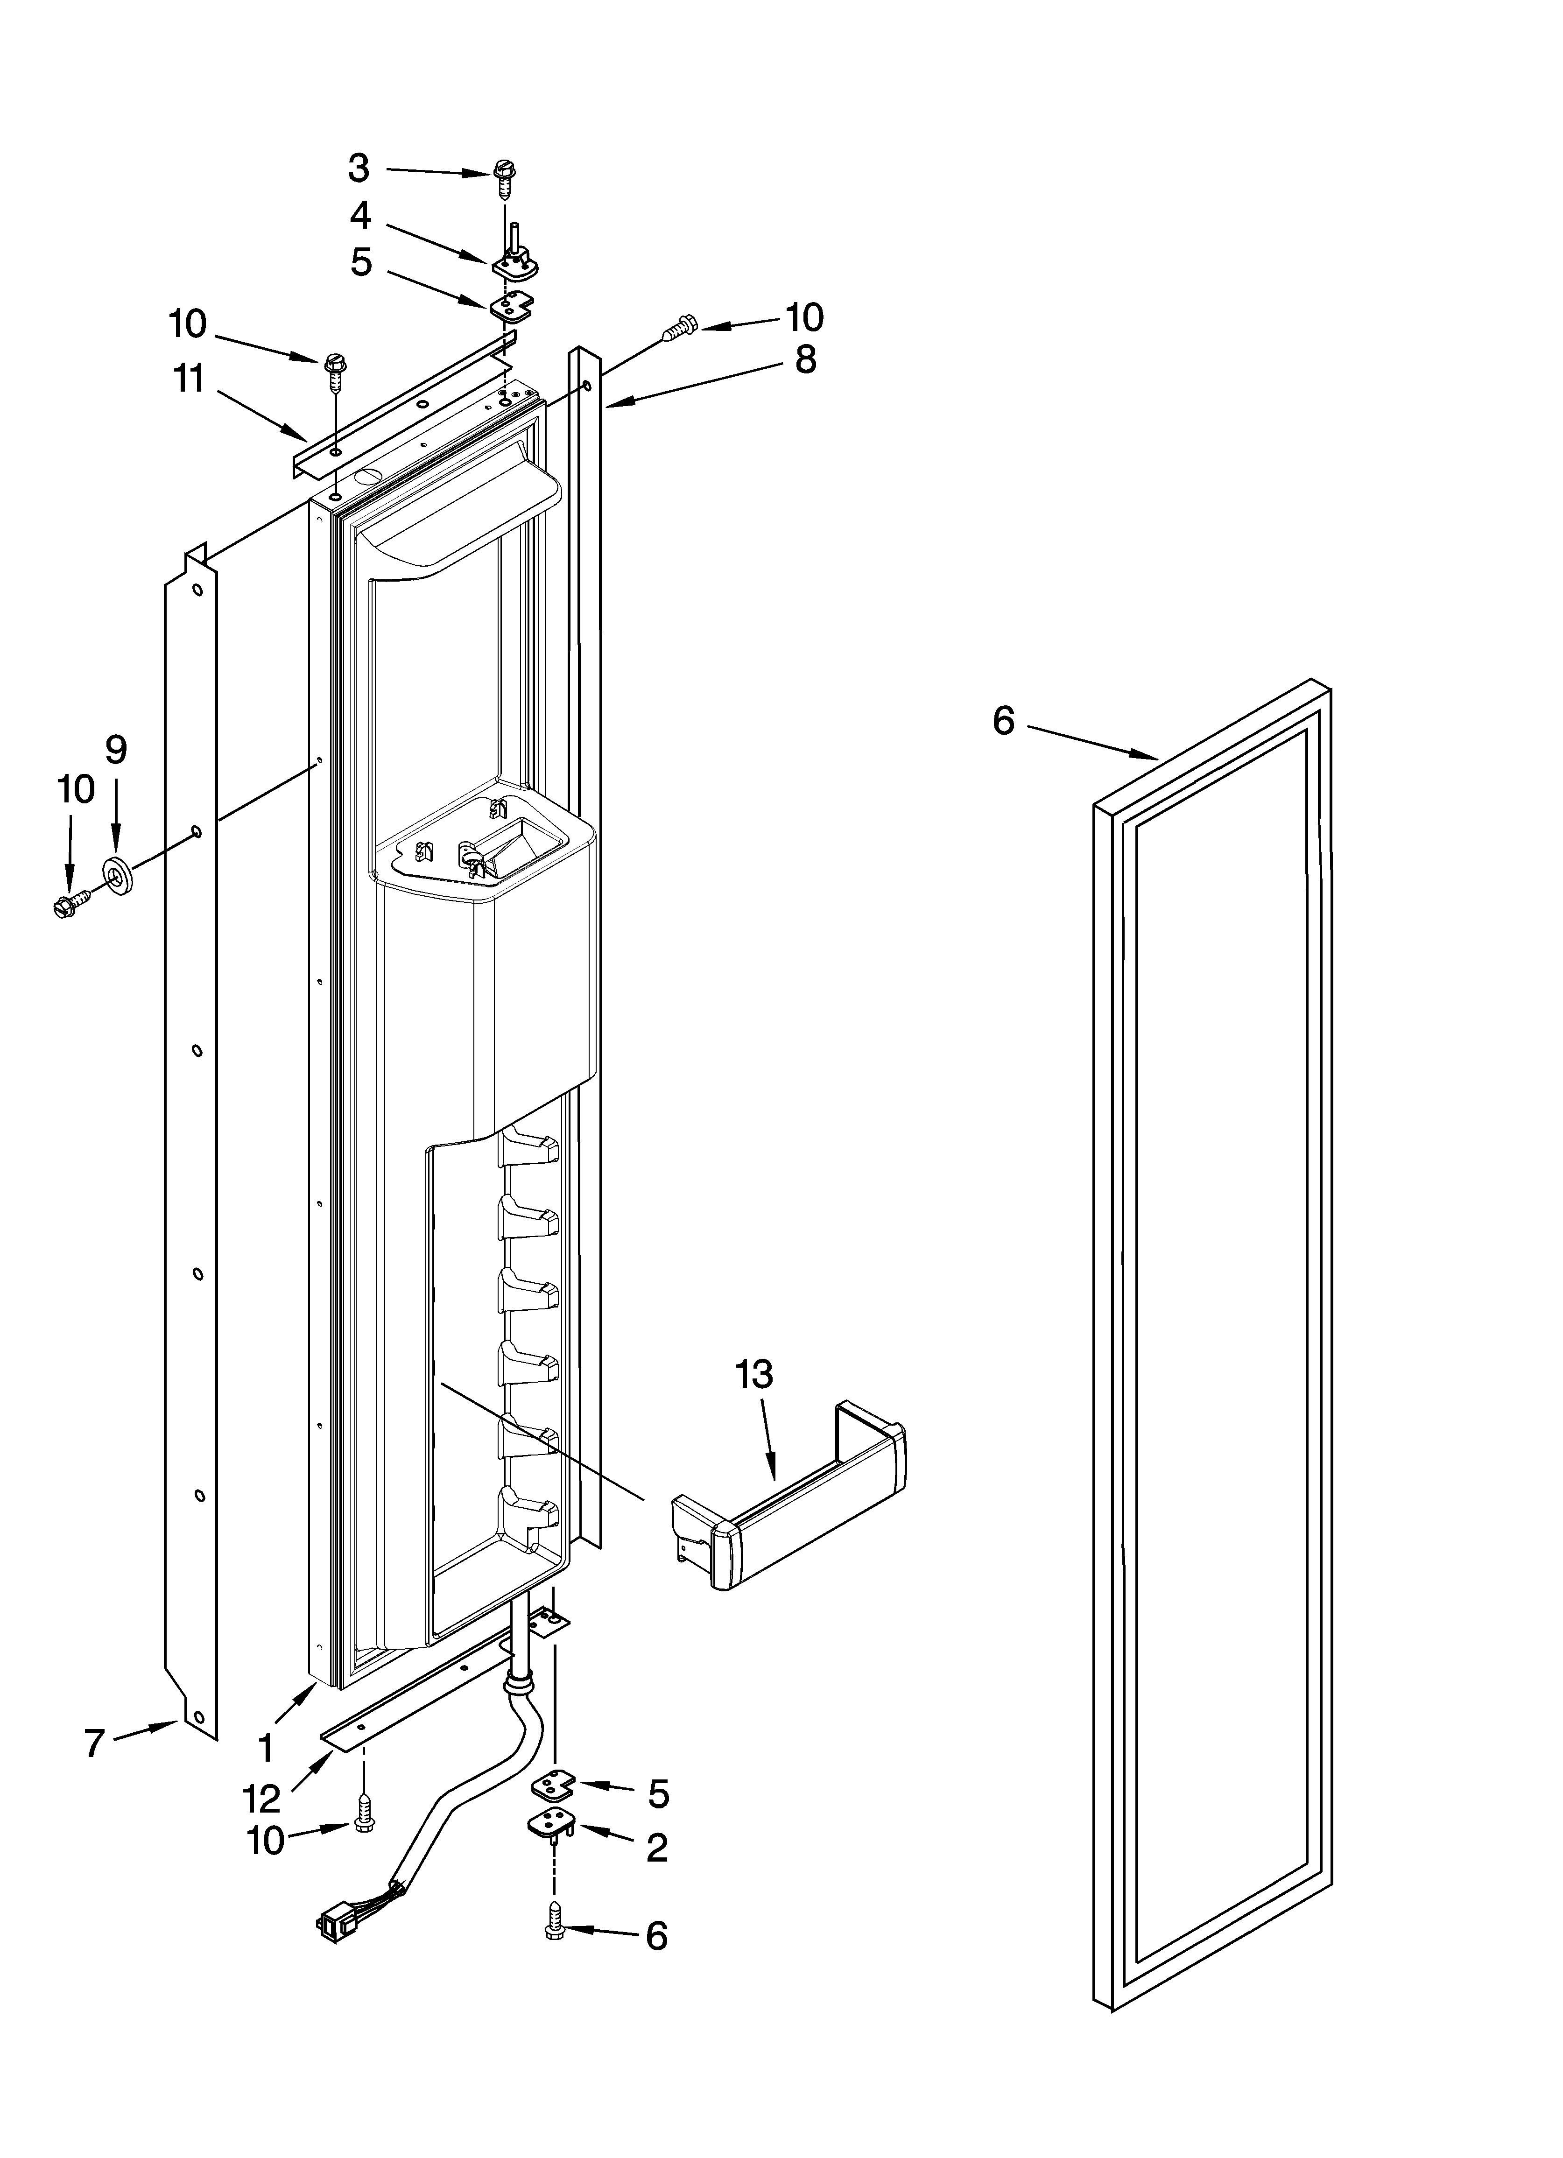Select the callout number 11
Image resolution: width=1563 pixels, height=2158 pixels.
tap(190, 379)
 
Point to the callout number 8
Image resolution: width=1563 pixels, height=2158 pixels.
tap(805, 359)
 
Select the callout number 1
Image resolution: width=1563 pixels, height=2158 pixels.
tap(266, 1747)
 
